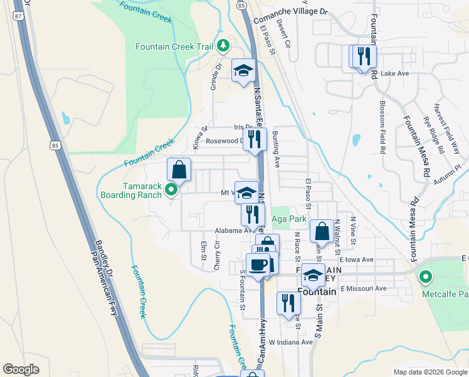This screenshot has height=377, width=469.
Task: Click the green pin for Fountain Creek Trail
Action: [x=223, y=46]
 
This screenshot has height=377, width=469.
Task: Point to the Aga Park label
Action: [x=289, y=219]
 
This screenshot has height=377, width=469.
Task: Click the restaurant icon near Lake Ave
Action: [x=364, y=57]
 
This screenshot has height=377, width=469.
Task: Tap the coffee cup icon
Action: [x=258, y=265]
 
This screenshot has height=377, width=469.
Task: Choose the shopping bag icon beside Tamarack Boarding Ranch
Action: [x=179, y=170]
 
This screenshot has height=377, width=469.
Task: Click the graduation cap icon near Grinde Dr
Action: [x=243, y=70]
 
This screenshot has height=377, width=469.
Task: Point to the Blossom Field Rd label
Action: [x=381, y=126]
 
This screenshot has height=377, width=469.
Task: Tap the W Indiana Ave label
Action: [x=290, y=342]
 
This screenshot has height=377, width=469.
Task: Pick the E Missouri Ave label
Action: [x=364, y=288]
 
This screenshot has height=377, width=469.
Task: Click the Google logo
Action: [x=21, y=369]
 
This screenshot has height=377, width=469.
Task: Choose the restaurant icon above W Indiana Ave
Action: [x=288, y=303]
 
